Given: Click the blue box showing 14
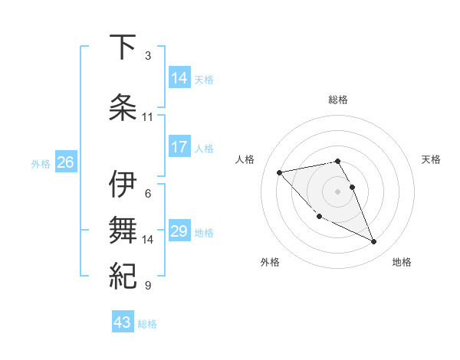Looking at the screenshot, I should coord(180,78).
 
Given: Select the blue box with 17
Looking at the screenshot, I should coord(180,147).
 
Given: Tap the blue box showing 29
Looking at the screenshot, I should coord(180,231).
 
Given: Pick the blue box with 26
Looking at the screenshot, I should coord(66,162).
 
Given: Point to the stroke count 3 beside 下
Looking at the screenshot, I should coord(148,56).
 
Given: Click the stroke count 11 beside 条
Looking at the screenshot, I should coord(148,117).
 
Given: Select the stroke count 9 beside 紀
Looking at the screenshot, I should coord(148,286).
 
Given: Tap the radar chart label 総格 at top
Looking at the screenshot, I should coord(338,100).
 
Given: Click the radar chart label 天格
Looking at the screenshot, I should coord(432,159).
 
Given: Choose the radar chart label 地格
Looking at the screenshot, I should coord(402,262).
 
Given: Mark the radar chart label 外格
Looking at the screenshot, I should coord(270,262).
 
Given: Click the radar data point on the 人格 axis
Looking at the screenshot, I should coord(280,172).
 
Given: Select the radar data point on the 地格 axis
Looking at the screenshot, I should coord(374,242).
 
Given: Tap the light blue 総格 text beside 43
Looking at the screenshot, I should coord(147,324).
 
